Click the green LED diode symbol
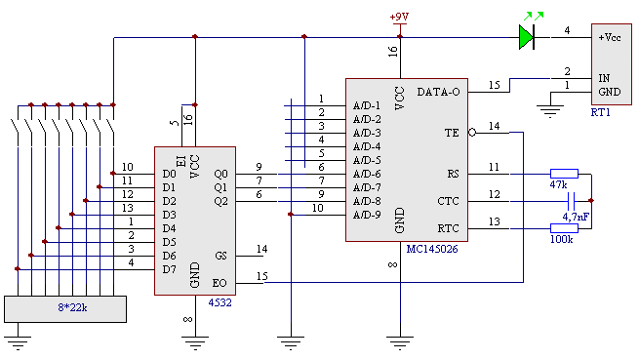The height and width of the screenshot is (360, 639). [527, 37]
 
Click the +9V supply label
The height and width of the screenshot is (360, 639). [399, 17]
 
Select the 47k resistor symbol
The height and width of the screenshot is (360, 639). [564, 174]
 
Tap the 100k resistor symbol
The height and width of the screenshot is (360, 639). [564, 228]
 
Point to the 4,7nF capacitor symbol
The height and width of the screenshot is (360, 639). [572, 201]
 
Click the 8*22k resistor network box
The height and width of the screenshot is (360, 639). [65, 309]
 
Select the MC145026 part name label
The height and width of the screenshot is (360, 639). [432, 249]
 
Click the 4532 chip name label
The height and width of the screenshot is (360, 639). [220, 302]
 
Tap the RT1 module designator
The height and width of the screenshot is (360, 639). [600, 112]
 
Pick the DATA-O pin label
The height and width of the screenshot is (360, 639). [438, 92]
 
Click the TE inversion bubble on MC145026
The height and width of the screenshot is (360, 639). [472, 133]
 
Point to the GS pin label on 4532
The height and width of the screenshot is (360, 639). [220, 256]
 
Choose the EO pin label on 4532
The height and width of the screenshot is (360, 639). [220, 283]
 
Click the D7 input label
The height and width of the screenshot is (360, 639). [169, 269]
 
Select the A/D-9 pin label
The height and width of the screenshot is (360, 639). [367, 215]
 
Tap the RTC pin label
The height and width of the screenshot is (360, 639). [448, 228]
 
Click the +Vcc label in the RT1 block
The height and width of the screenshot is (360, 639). [610, 37]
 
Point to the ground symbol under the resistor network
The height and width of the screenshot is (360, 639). [18, 342]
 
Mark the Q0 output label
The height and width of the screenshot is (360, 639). [220, 174]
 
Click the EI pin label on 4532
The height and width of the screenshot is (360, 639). [180, 161]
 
